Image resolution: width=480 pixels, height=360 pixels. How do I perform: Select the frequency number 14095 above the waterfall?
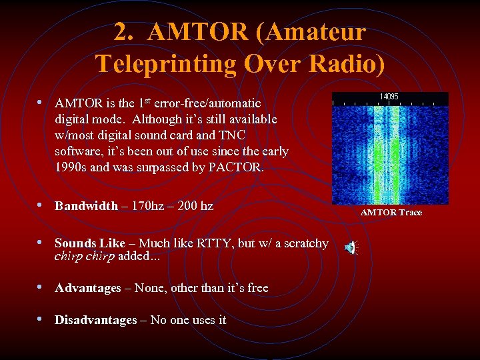point(389,97)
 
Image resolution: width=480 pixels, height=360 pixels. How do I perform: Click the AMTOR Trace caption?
point(391,213)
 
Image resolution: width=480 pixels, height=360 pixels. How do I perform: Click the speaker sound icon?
point(351,248)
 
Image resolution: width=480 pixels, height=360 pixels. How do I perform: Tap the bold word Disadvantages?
point(95,320)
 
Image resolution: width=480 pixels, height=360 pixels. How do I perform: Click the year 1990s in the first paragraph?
point(72,167)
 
